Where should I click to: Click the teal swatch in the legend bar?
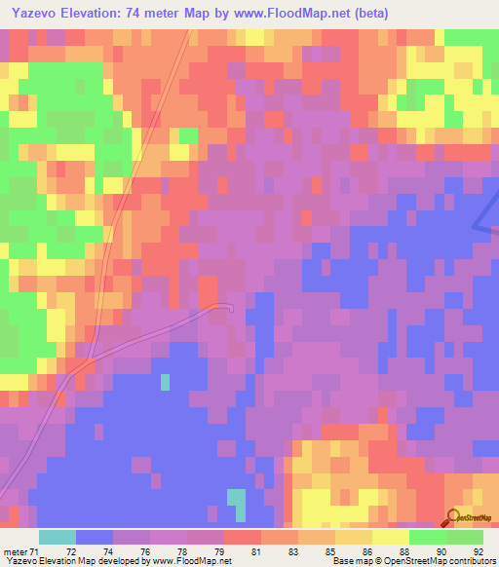tap(58, 537)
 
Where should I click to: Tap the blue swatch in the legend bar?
tap(95, 537)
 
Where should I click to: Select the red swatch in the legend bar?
tap(243, 537)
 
